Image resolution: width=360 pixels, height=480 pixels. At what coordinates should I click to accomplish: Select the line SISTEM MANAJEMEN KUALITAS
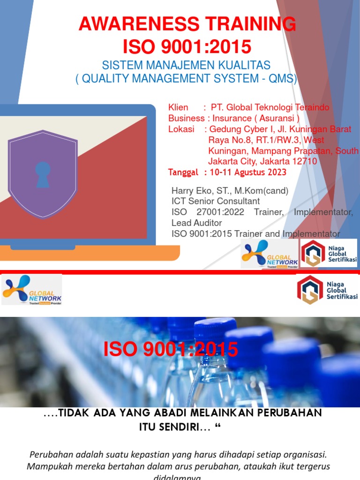(187, 65)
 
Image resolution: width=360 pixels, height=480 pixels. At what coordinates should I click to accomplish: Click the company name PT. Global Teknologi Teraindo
(270, 108)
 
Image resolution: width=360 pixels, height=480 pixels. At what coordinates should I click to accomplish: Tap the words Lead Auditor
(197, 223)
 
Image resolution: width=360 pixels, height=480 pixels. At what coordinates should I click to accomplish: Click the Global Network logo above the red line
(269, 253)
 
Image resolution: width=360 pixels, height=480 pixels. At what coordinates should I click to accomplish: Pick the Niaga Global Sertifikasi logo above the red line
(329, 253)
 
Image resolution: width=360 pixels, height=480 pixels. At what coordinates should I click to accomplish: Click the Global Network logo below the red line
(32, 290)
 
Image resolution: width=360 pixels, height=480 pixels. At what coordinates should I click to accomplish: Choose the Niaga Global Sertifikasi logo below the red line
(328, 290)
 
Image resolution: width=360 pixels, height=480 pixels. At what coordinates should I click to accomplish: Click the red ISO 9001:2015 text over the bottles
(171, 349)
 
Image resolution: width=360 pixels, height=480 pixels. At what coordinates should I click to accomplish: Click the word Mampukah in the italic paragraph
(47, 466)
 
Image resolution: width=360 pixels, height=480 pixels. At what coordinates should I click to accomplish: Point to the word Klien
(178, 108)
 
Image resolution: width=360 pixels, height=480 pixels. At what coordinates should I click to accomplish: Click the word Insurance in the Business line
(232, 119)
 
